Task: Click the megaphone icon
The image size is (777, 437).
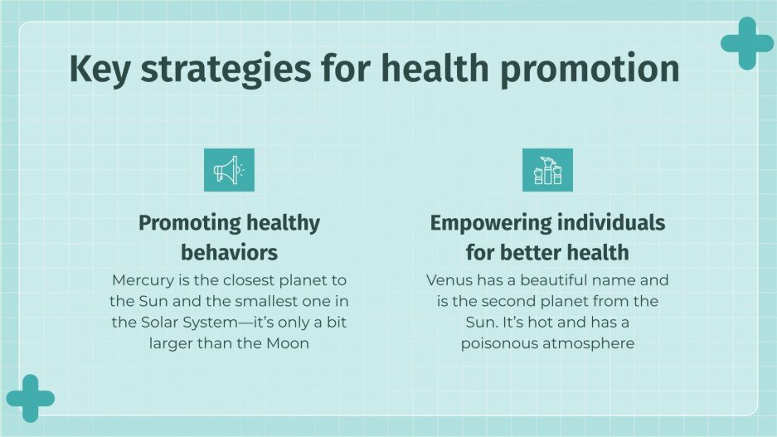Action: (x=229, y=170)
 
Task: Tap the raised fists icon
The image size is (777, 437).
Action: (x=547, y=170)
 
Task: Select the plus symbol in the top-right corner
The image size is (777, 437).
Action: (x=746, y=43)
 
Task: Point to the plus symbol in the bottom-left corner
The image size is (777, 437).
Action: (x=29, y=399)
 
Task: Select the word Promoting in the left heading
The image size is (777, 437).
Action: (x=188, y=223)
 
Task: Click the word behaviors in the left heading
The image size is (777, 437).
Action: (x=229, y=251)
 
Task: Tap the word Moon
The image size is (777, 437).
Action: (x=286, y=342)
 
